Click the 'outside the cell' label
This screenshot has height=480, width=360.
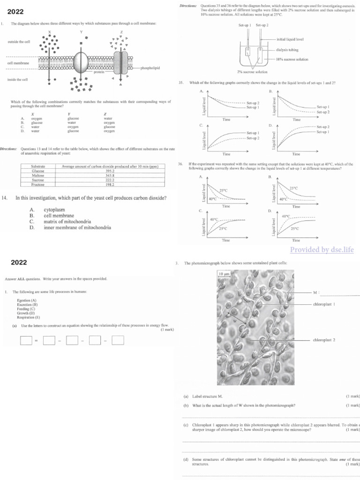(19, 42)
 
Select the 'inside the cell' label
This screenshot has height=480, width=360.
(18, 79)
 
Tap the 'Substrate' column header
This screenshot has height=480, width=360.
(37, 167)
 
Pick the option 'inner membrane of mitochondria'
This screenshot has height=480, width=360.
(77, 227)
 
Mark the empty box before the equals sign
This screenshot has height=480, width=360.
(26, 341)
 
